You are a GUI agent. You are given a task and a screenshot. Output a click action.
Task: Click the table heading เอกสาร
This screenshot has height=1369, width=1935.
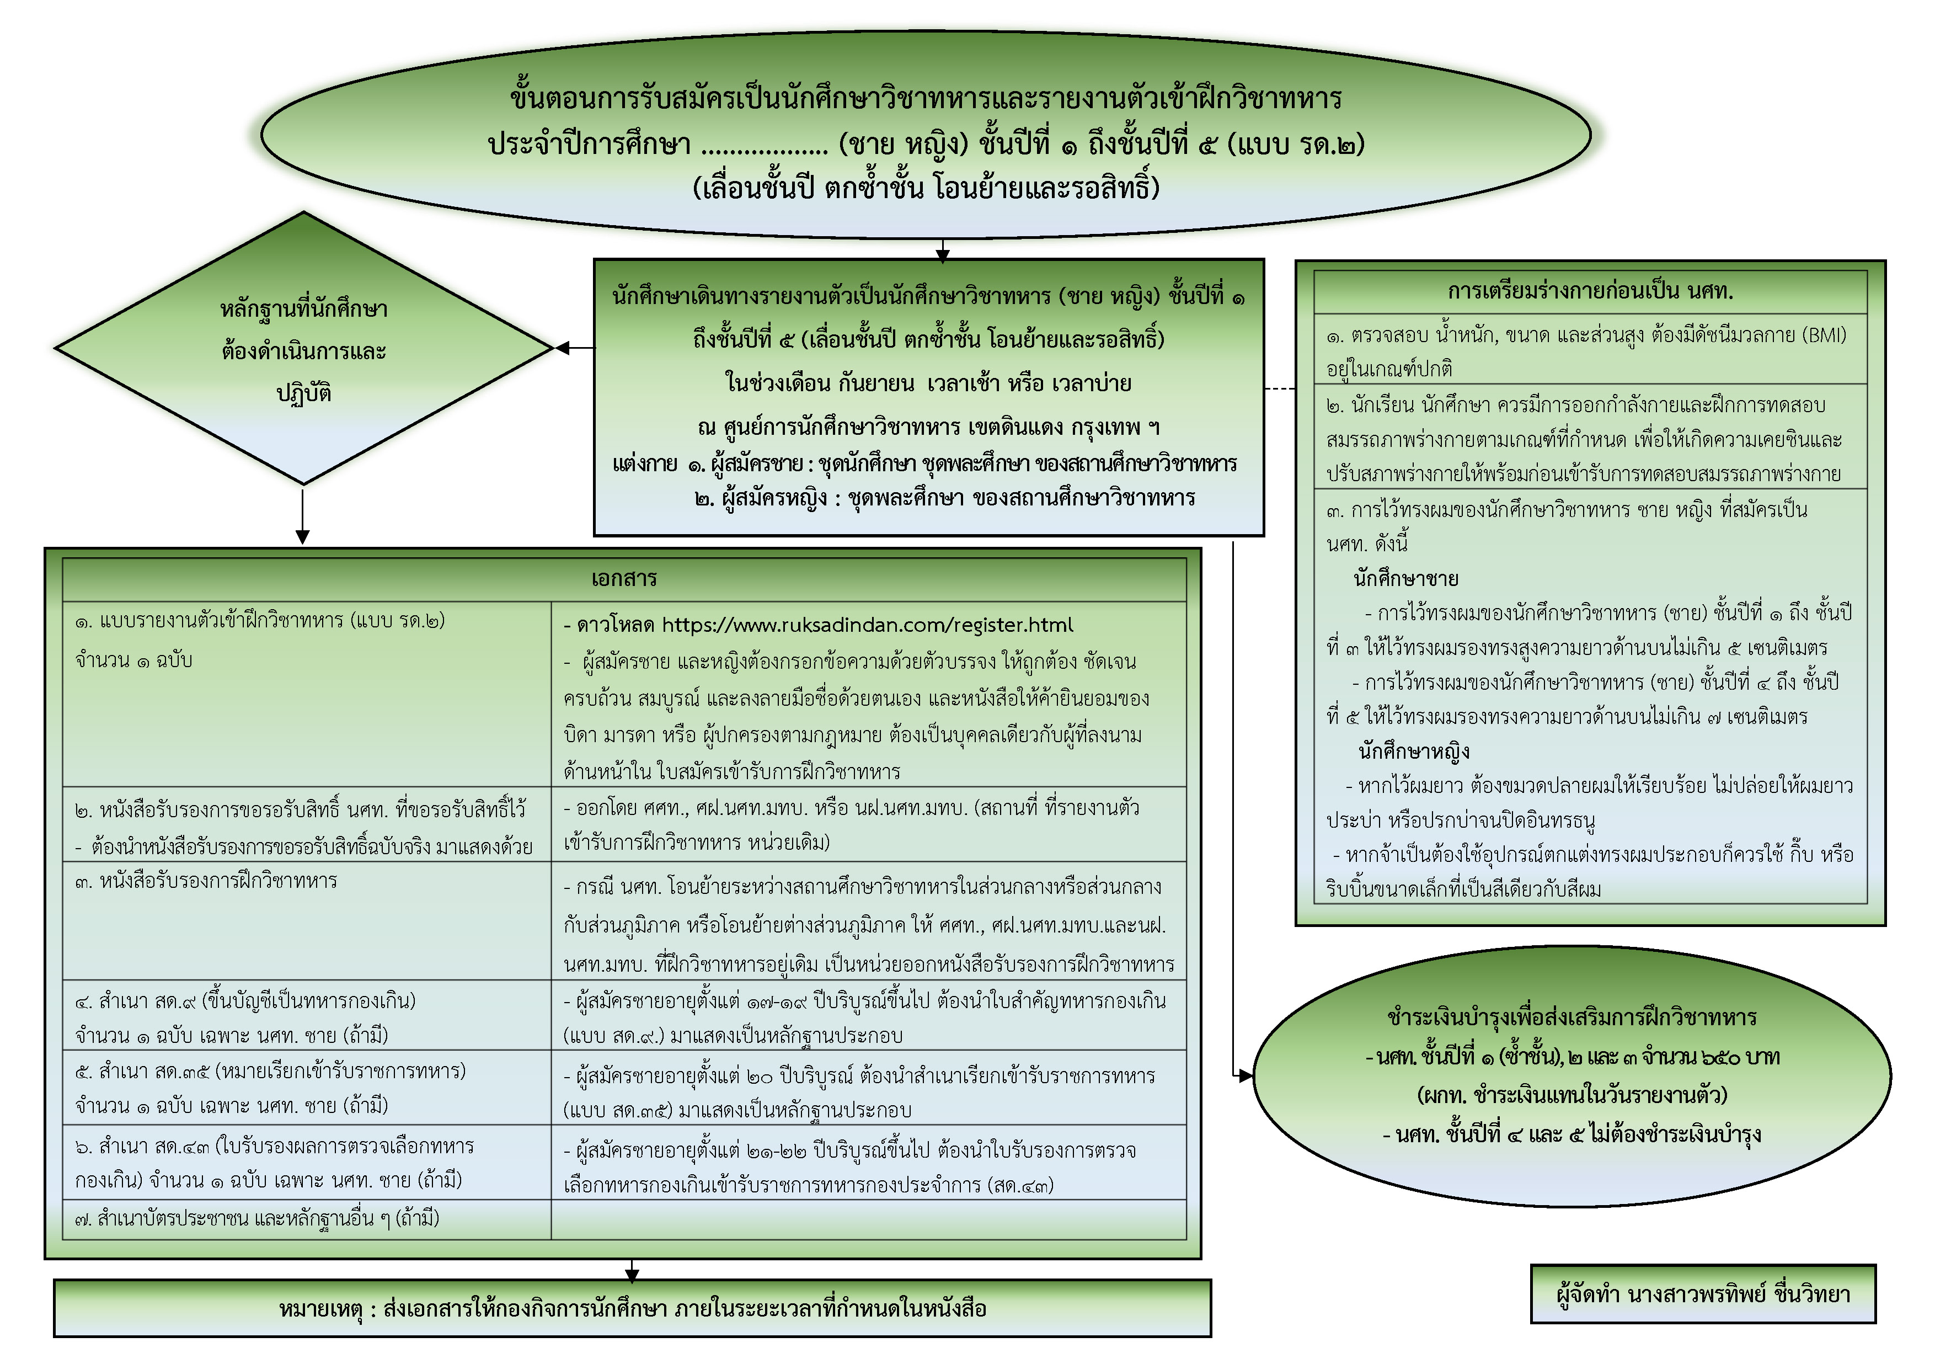pyautogui.click(x=624, y=579)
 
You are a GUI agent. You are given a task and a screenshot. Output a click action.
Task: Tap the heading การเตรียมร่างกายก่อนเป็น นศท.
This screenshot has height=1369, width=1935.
pyautogui.click(x=1590, y=292)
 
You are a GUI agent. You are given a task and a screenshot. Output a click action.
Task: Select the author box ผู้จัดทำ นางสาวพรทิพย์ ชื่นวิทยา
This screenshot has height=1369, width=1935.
pyautogui.click(x=1702, y=1294)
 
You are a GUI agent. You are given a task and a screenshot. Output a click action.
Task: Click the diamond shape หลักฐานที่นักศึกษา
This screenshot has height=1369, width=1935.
pyautogui.click(x=303, y=349)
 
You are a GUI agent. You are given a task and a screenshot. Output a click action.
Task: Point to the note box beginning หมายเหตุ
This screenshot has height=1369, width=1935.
pyautogui.click(x=632, y=1308)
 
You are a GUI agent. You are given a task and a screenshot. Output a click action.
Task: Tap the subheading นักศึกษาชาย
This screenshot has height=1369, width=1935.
pyautogui.click(x=1405, y=579)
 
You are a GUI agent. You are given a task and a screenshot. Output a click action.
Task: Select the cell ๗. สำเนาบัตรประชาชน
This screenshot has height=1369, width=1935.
pyautogui.click(x=257, y=1219)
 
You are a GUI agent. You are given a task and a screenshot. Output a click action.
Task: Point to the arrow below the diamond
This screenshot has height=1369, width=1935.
pyautogui.click(x=303, y=516)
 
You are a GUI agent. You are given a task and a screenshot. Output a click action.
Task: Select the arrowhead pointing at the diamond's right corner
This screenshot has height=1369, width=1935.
pyautogui.click(x=564, y=347)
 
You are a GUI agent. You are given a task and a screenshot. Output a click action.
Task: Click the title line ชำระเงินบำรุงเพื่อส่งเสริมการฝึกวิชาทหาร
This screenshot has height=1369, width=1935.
pyautogui.click(x=1571, y=1018)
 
